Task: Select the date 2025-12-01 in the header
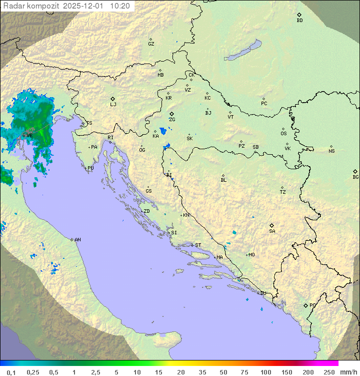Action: coord(85,6)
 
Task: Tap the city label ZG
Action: coord(172,120)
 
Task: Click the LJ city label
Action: coord(113,105)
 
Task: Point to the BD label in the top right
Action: coord(299,21)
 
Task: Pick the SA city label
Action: coord(272,231)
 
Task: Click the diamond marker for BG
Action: coord(355,171)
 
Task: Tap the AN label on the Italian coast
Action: coord(77,240)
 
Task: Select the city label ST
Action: coord(198,245)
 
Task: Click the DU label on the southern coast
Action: coord(263,293)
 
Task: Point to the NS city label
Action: coord(331,151)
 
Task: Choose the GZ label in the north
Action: coord(151,44)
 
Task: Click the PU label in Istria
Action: coord(90,168)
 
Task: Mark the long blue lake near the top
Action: coord(243,51)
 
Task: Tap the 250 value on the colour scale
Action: coord(329,372)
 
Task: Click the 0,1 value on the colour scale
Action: coord(11,372)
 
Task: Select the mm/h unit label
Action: coord(348,372)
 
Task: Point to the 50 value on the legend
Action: coord(223,372)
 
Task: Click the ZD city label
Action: coord(146,211)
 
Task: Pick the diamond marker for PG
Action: coord(306,305)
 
